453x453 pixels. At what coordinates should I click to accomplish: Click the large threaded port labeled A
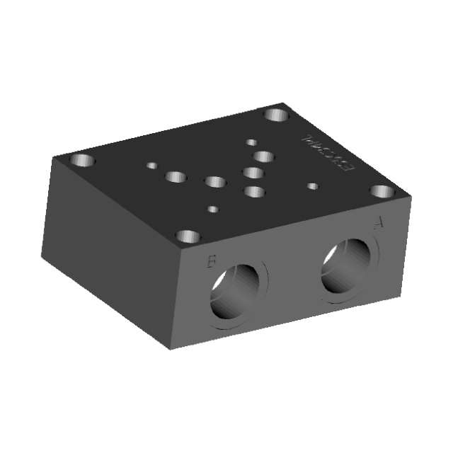coord(347,266)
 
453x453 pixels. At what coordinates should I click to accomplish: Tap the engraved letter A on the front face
coord(379,224)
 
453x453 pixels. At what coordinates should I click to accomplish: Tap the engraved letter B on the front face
coord(210,263)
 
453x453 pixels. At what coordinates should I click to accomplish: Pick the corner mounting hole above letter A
coord(382,191)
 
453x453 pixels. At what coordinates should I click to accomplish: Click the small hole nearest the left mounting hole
coord(151,166)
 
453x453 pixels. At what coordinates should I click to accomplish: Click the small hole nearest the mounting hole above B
coord(212,210)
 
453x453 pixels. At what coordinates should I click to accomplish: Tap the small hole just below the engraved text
coord(313,187)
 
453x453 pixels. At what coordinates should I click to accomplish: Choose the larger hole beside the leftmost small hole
coord(176,176)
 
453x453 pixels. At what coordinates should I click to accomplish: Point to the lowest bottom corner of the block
coord(168,350)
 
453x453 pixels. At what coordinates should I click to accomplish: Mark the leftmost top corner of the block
coord(51,156)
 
